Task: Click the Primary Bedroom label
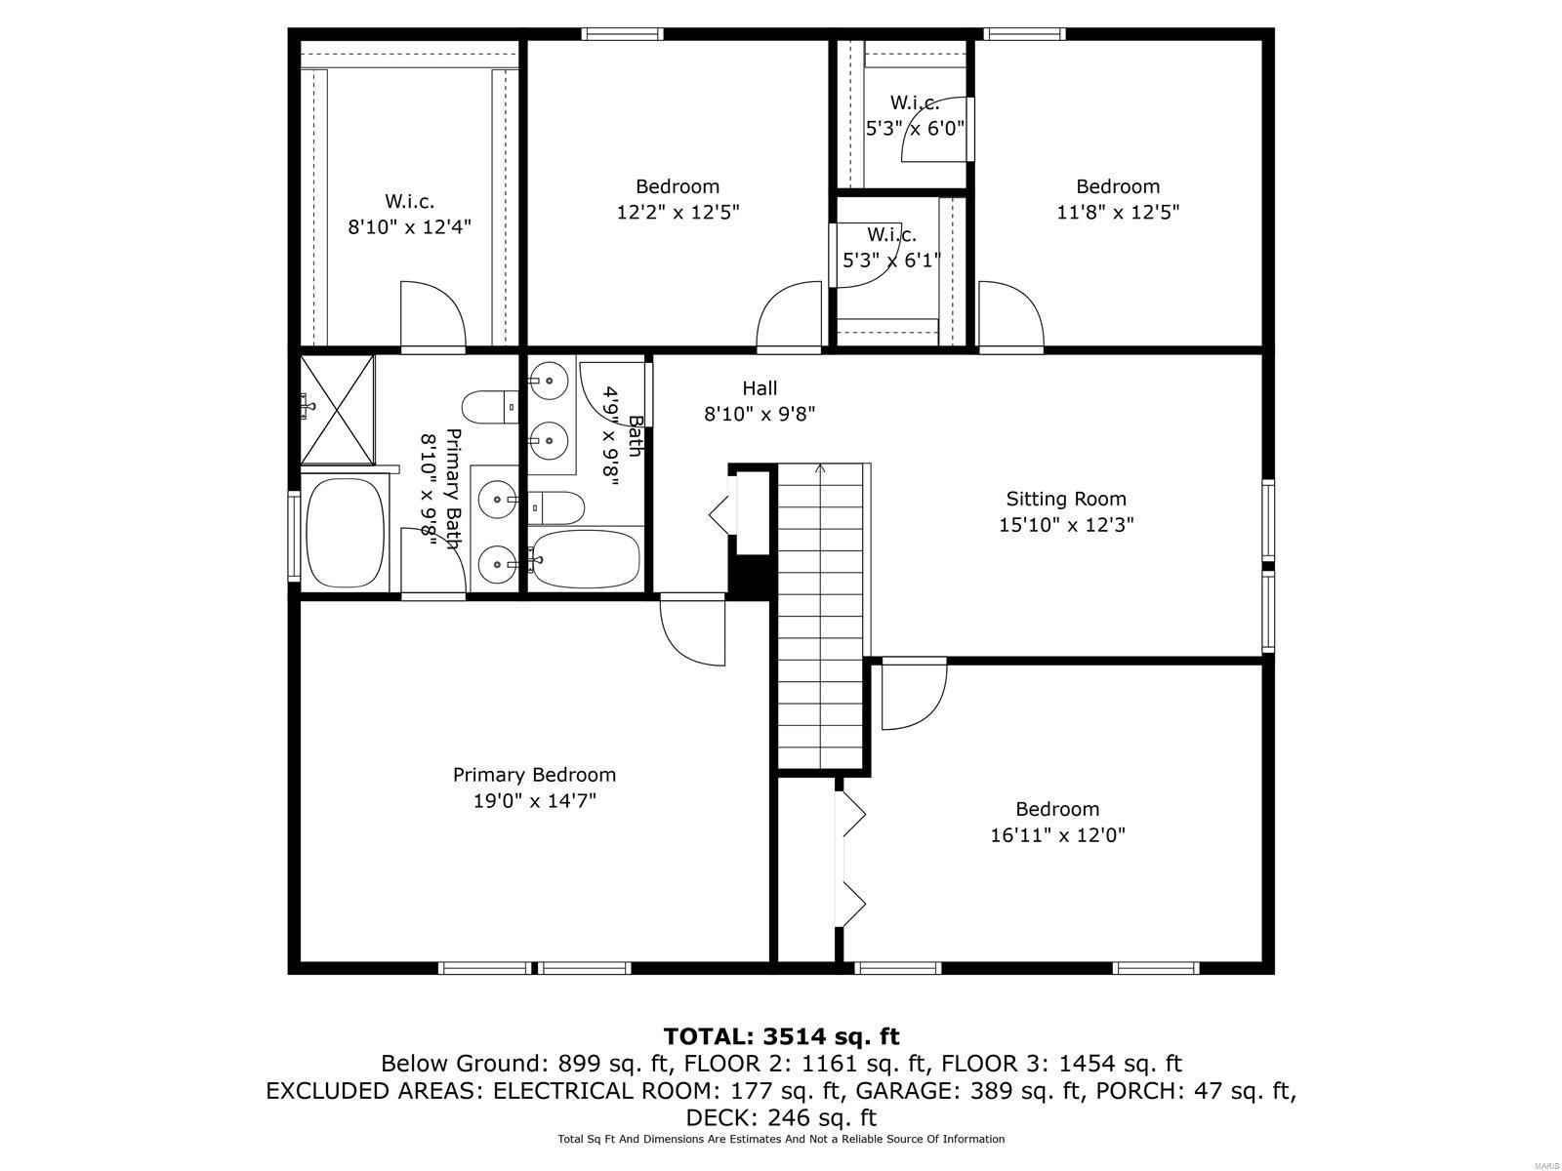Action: coord(534,775)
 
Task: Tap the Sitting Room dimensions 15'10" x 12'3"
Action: coord(1065,525)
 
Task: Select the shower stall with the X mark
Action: coord(337,410)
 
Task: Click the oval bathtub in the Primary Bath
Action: coord(345,533)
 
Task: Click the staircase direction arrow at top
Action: coord(820,469)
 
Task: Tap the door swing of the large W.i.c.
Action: coord(432,314)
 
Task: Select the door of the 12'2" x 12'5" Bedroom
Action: coord(789,314)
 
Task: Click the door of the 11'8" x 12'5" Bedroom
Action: coord(1010,314)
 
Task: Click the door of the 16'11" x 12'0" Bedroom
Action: coord(914,696)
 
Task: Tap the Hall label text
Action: coord(760,388)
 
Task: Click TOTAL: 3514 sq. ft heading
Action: coord(781,1035)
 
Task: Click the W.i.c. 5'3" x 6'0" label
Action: coord(915,114)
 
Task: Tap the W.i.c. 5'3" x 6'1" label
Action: coord(891,247)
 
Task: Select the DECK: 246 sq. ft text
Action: coord(781,1117)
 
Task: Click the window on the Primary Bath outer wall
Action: coord(293,536)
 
